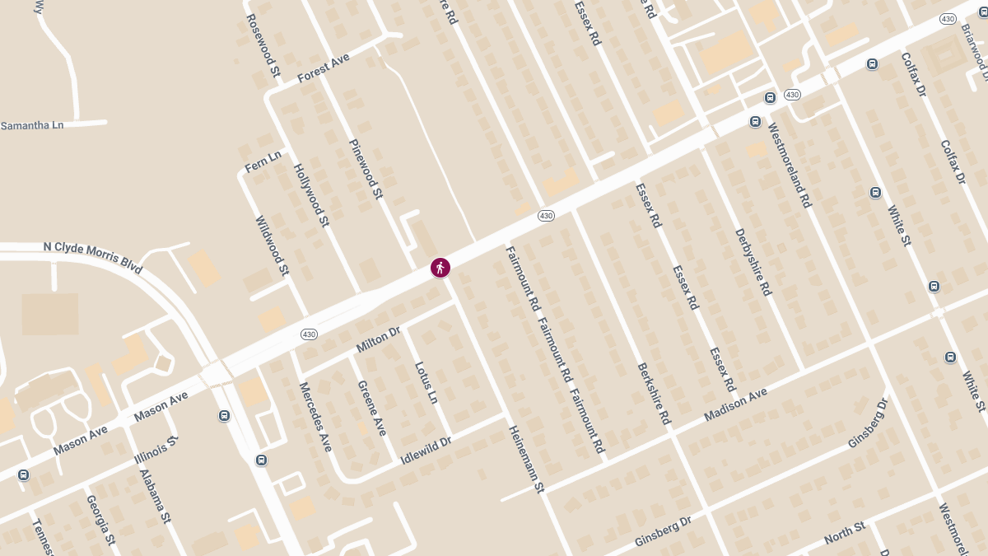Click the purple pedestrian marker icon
tap(440, 268)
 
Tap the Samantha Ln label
tap(32, 125)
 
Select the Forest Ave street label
tap(324, 68)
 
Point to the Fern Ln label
tap(263, 161)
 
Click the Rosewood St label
tap(263, 45)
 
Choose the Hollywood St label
tap(311, 195)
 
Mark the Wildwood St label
tap(273, 245)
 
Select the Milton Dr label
tap(378, 339)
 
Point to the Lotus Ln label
tap(426, 382)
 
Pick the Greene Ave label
tap(372, 408)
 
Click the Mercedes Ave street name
tap(315, 417)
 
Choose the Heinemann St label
tap(527, 460)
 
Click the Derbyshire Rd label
tap(753, 262)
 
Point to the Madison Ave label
tap(735, 405)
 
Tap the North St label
tap(844, 532)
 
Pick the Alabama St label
tap(155, 497)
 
